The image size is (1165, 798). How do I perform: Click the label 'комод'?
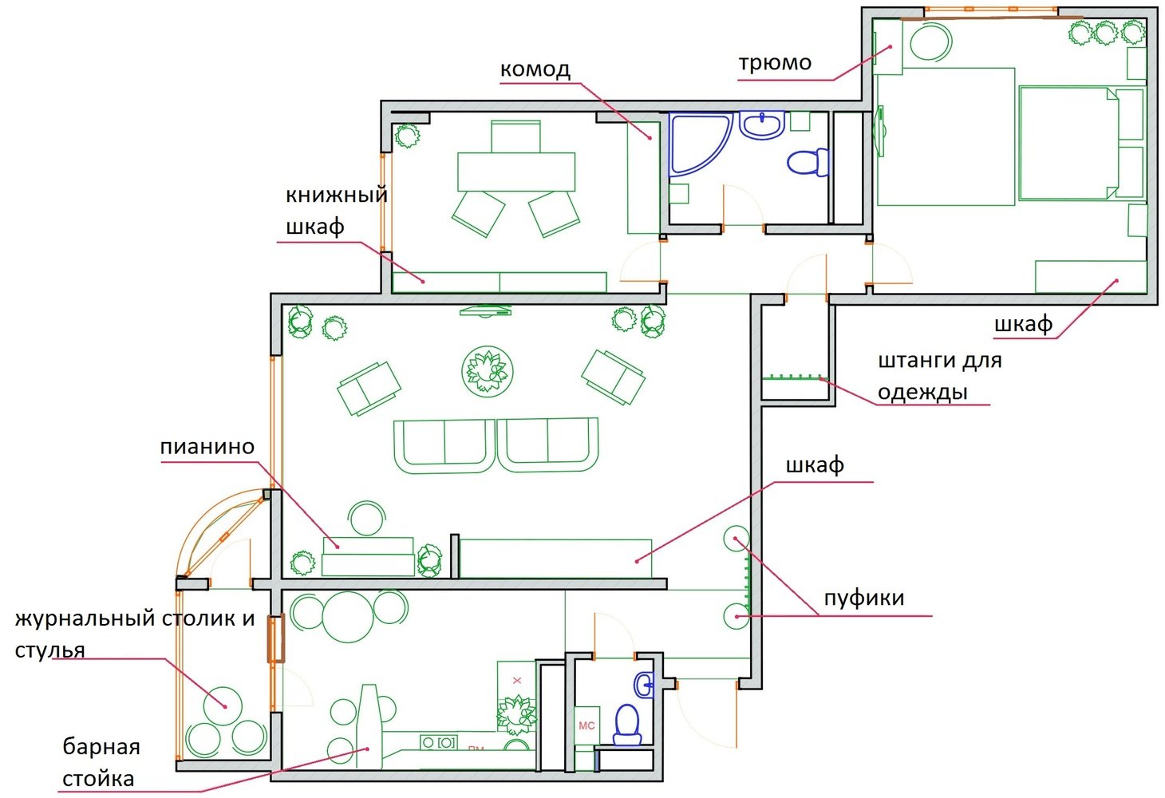tap(535, 69)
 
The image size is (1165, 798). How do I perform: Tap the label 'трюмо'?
tap(775, 63)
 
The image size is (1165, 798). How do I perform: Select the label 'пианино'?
tap(207, 447)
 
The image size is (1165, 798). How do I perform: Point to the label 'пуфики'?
tap(864, 598)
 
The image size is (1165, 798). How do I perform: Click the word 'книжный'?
tap(337, 196)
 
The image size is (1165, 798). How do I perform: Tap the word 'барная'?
tap(101, 747)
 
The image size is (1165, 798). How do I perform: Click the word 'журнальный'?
tap(85, 619)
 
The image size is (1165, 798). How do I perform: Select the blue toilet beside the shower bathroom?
tap(808, 162)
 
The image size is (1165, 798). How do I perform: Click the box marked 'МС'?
tap(586, 725)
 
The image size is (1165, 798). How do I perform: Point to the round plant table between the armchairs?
tap(488, 371)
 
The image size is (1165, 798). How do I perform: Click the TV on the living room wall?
tap(485, 311)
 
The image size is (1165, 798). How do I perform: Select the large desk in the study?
tap(516, 172)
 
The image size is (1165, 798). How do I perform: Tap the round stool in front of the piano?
tap(367, 518)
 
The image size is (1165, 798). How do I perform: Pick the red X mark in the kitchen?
tap(517, 681)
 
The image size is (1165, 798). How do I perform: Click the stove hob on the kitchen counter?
tap(439, 742)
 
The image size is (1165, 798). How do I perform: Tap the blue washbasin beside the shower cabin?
tap(762, 125)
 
